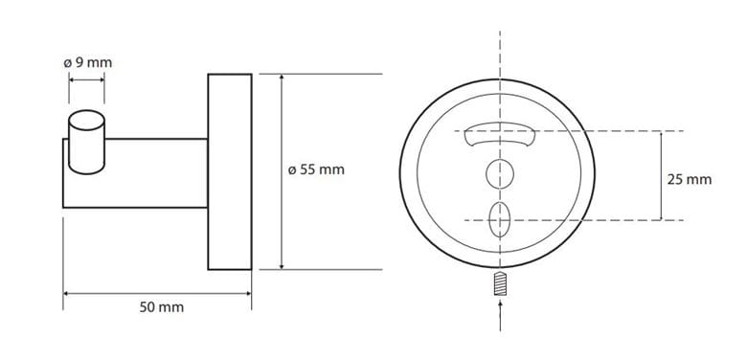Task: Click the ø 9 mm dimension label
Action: click(x=88, y=62)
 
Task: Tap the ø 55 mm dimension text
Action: click(x=316, y=169)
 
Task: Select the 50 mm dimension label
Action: click(x=162, y=307)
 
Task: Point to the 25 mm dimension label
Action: click(x=690, y=180)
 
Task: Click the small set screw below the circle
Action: click(x=500, y=283)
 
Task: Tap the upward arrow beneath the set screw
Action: click(x=500, y=316)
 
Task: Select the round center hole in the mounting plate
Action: click(x=500, y=174)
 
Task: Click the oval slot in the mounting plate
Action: click(x=499, y=219)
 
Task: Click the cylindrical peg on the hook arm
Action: click(x=87, y=143)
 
